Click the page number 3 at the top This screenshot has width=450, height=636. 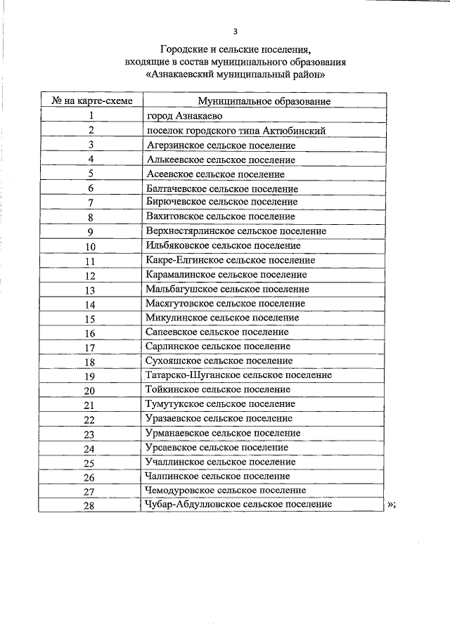coord(236,31)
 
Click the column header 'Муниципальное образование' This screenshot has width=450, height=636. coord(264,102)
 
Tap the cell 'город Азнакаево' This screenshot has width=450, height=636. coord(184,116)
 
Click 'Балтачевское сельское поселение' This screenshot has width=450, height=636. coord(222,188)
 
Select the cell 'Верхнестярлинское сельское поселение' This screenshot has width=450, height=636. coord(236,231)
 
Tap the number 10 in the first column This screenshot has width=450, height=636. coord(91,247)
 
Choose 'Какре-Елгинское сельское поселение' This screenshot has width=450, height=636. coord(231,260)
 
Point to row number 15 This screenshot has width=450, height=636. coord(91,318)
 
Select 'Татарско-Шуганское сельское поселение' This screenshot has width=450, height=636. coord(238,375)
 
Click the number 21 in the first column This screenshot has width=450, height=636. coord(89,405)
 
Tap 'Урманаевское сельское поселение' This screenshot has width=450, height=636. coord(224,432)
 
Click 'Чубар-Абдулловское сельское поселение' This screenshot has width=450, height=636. coord(238,504)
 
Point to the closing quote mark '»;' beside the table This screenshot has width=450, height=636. coord(392,505)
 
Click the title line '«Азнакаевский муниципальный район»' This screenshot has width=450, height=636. coord(236,74)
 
